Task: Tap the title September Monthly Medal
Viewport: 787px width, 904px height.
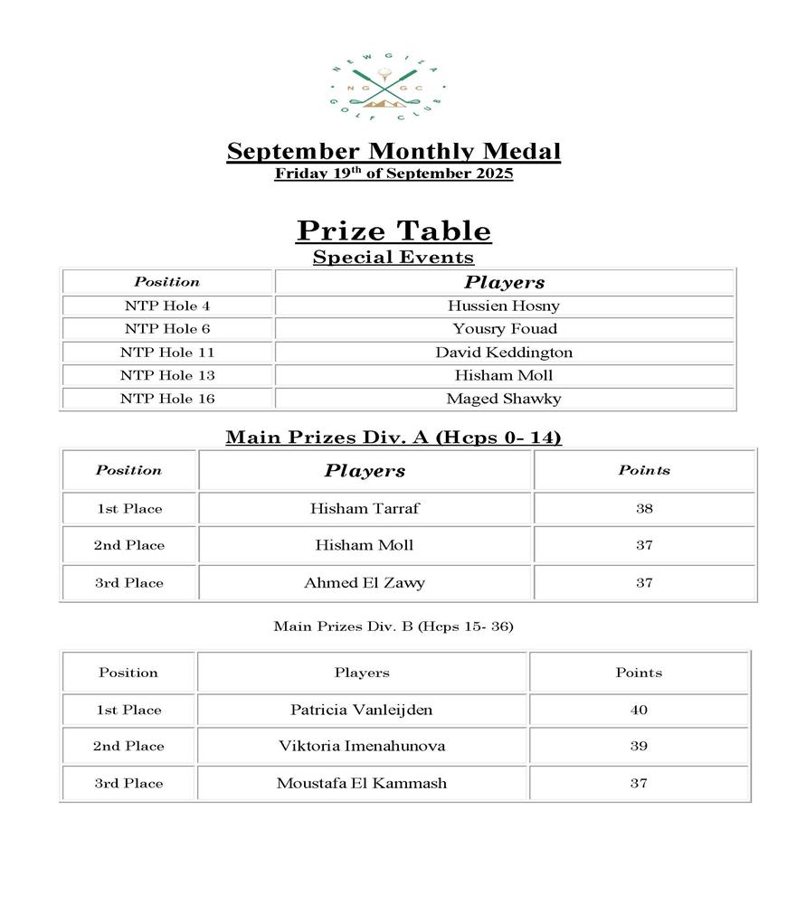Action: [x=393, y=151]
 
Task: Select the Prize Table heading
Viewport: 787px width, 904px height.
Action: [x=393, y=231]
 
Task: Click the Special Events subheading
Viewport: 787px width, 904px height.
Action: [x=393, y=258]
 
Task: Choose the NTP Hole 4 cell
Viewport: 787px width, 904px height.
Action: [x=167, y=306]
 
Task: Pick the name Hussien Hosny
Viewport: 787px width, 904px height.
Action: [x=504, y=306]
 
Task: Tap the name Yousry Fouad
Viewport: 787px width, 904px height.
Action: [x=505, y=329]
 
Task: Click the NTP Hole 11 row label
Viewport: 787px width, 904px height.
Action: [x=167, y=353]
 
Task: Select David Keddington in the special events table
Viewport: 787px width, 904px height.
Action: [x=504, y=353]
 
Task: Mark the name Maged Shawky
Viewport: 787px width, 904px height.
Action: [x=504, y=399]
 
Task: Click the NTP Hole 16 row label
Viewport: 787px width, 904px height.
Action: [x=167, y=399]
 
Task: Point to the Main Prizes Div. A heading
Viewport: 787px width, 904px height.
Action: [x=393, y=438]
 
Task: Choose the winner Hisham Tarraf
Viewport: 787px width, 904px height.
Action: [x=365, y=509]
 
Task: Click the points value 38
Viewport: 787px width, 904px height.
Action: [x=644, y=509]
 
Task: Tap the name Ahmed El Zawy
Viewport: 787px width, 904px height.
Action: [x=365, y=583]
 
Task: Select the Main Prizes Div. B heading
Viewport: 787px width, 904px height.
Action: [x=393, y=626]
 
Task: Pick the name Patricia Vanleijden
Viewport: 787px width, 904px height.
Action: [x=362, y=710]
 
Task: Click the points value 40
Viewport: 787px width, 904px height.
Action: [x=639, y=710]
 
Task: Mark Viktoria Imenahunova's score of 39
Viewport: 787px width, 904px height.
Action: [x=639, y=746]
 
